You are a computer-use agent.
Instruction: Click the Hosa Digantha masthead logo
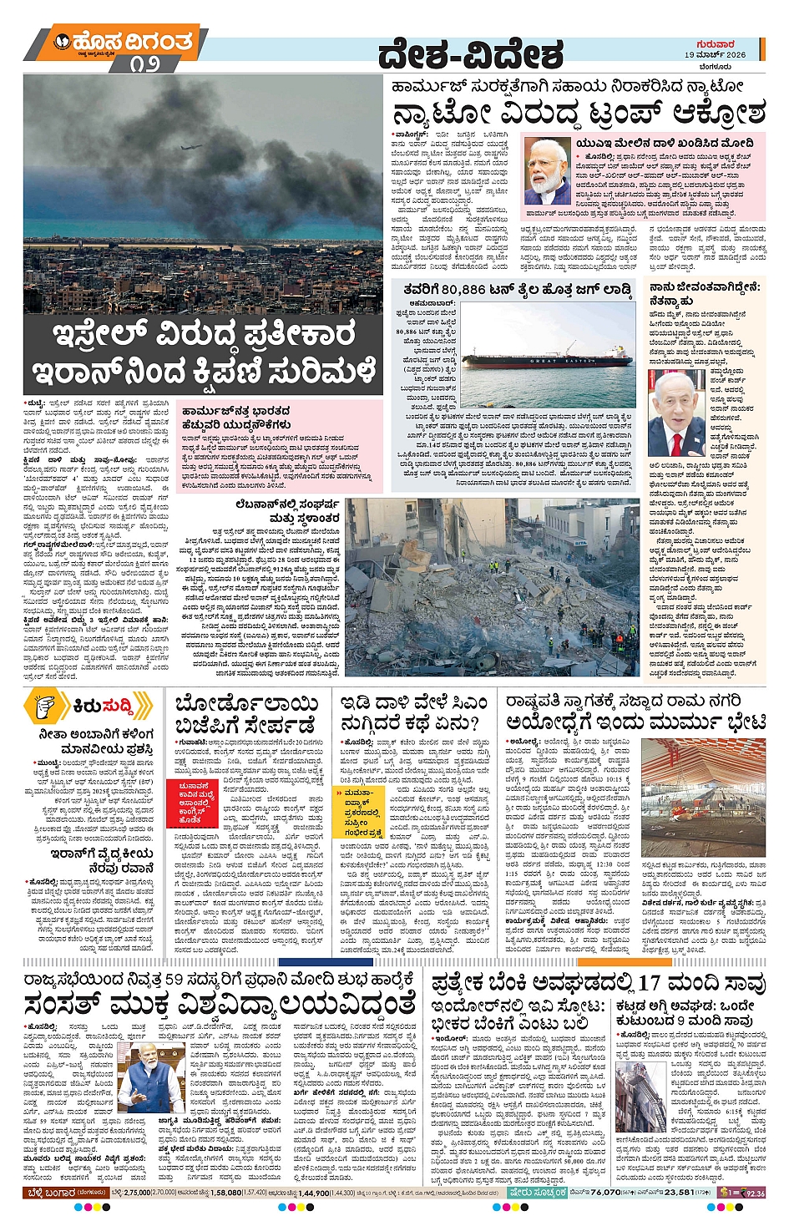[124, 43]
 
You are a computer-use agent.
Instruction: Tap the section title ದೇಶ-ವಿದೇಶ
[469, 55]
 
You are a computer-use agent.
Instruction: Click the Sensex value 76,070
[604, 1193]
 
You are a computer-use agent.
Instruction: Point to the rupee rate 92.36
[755, 1193]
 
